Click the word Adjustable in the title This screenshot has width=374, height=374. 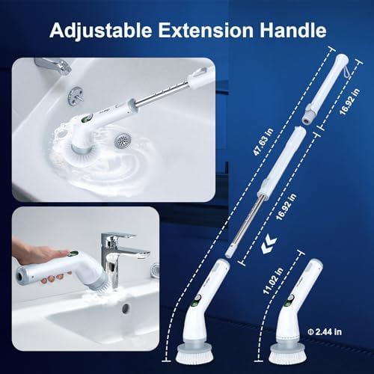[101, 31]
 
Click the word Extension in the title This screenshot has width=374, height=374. [206, 30]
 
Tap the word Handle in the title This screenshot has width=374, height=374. [293, 30]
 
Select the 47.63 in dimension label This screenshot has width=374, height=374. [263, 141]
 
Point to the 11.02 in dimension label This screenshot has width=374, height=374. [273, 280]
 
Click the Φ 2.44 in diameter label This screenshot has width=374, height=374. [325, 332]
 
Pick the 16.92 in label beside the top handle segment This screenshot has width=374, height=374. [349, 102]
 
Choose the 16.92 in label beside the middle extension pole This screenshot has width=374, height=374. [286, 206]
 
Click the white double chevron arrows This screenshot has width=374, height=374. [269, 245]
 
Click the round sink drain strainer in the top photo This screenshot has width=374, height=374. [121, 141]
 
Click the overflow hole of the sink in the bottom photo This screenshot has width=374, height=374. [126, 309]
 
